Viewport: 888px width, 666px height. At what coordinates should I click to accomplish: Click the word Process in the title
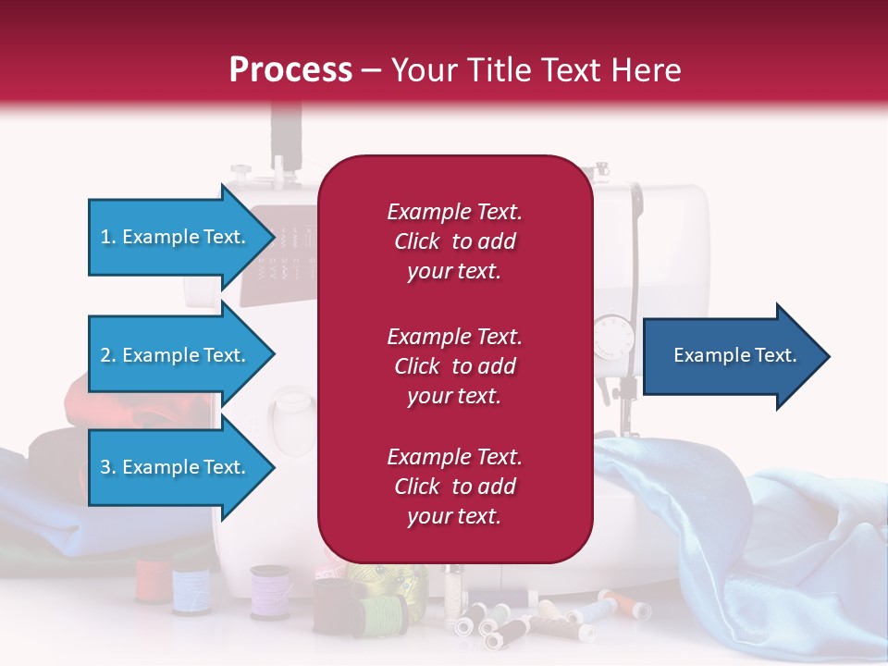pos(290,70)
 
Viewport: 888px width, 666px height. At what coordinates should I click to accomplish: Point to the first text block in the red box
pos(454,241)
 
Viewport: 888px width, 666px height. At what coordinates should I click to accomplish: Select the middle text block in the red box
pos(454,366)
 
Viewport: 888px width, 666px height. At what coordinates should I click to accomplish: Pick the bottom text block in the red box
pos(454,487)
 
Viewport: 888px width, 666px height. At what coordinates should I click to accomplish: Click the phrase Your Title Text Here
pos(536,70)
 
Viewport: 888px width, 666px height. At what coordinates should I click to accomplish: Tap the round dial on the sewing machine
pos(610,337)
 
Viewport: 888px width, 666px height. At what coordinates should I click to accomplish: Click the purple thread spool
pos(269,592)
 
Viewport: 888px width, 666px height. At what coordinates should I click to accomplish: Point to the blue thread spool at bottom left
pos(190,590)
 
